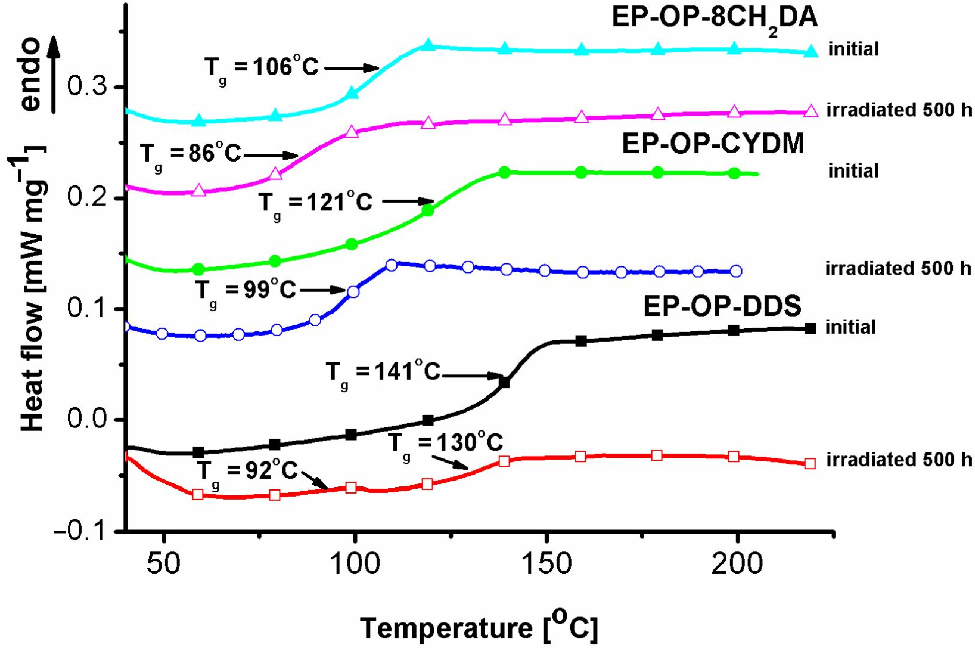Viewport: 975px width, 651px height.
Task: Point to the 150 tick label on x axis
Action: (546, 565)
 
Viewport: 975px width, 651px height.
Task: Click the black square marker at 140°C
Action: (504, 382)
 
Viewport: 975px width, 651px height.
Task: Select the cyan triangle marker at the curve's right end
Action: (810, 52)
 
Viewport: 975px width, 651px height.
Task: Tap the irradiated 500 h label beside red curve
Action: (899, 460)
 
